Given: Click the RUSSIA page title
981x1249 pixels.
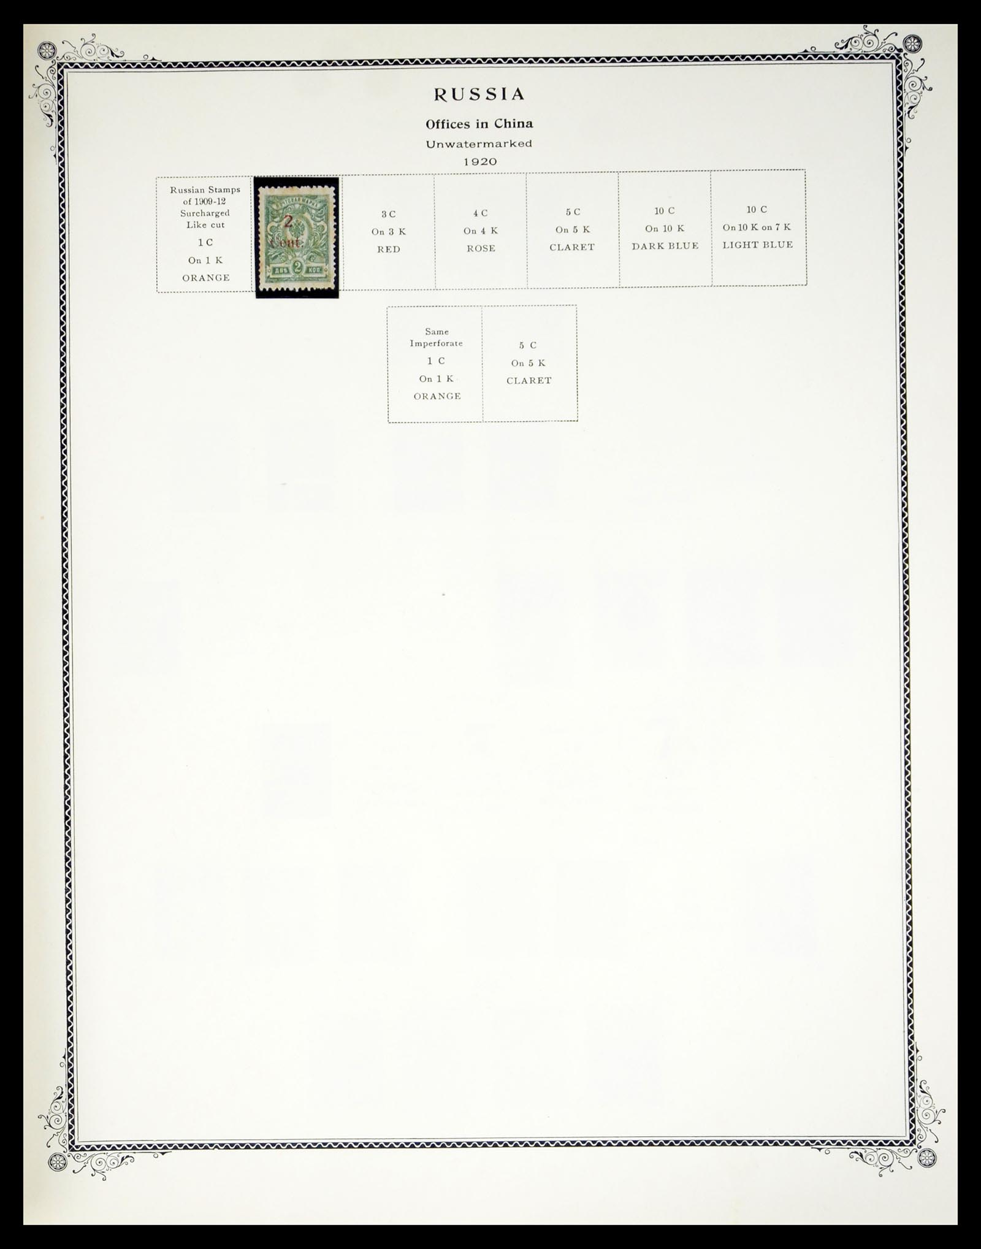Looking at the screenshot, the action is click(479, 94).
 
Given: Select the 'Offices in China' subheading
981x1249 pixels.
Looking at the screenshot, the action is click(479, 124).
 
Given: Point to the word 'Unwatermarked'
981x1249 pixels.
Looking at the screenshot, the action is click(479, 144).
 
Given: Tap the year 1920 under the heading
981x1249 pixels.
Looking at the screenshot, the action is click(479, 162).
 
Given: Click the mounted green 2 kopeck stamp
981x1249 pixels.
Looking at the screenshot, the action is click(297, 237).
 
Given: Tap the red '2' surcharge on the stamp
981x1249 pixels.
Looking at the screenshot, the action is click(287, 222).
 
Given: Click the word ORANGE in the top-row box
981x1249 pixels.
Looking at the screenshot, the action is click(206, 278).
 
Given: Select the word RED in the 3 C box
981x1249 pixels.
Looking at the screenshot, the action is click(389, 249).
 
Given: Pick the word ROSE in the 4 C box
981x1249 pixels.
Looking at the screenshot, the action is click(481, 248).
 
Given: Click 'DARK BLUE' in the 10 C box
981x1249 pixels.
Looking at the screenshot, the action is click(665, 246).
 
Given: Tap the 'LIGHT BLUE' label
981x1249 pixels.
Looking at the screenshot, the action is click(758, 245).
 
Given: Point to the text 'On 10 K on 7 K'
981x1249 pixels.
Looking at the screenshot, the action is click(757, 227).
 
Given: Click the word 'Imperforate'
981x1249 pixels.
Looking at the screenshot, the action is click(437, 343).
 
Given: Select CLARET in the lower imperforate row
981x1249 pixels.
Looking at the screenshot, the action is click(529, 381).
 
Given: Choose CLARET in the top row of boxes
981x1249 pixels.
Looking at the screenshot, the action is click(572, 247).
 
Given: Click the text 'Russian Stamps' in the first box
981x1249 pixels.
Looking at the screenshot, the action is click(205, 190).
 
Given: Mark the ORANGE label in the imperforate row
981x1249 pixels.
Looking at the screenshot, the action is click(437, 396).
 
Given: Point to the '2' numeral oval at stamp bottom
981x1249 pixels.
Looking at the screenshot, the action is click(297, 267).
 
